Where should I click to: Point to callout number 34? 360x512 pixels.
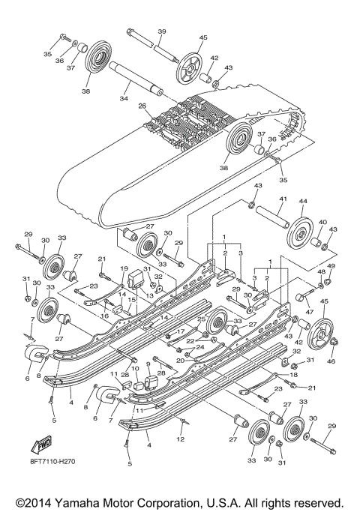point(124,98)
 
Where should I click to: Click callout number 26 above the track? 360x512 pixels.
point(142,106)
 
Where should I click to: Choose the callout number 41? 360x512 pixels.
point(283,199)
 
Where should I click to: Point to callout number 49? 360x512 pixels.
point(331,267)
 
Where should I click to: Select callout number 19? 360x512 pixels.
point(123,268)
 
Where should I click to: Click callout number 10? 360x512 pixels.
point(134,367)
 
